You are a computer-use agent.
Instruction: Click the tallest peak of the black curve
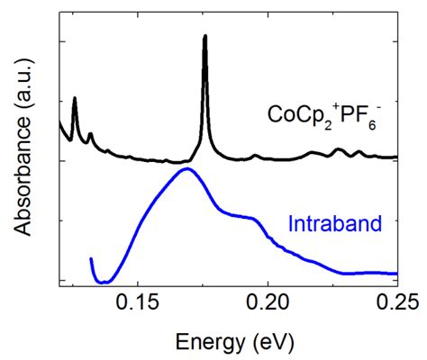click(x=205, y=37)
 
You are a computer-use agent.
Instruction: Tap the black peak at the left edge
click(x=74, y=98)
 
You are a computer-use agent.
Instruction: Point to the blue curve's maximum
click(x=187, y=168)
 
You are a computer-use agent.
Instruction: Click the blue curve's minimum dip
click(x=104, y=282)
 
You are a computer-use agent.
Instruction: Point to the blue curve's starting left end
click(x=92, y=259)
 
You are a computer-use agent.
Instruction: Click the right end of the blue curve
click(x=397, y=273)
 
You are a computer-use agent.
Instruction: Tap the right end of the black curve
click(x=397, y=157)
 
